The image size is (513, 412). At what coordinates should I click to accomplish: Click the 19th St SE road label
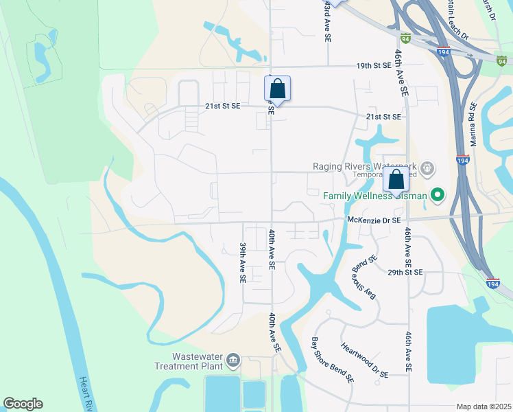coord(373,65)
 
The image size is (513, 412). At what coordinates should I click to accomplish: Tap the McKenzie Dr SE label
coord(374,220)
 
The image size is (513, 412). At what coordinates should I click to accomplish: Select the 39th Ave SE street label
coord(242,262)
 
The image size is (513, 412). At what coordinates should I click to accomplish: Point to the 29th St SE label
coord(405,272)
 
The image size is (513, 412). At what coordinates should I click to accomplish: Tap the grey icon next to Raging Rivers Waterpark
coord(427,167)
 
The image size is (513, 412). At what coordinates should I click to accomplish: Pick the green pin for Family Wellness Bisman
coord(436,196)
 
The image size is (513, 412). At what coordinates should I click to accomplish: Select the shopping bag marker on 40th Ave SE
coord(277,89)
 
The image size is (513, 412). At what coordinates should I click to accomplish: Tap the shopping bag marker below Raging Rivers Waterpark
coord(396,180)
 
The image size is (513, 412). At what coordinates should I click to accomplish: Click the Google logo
coord(23,404)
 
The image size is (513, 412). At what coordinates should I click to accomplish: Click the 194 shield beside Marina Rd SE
coord(462,160)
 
